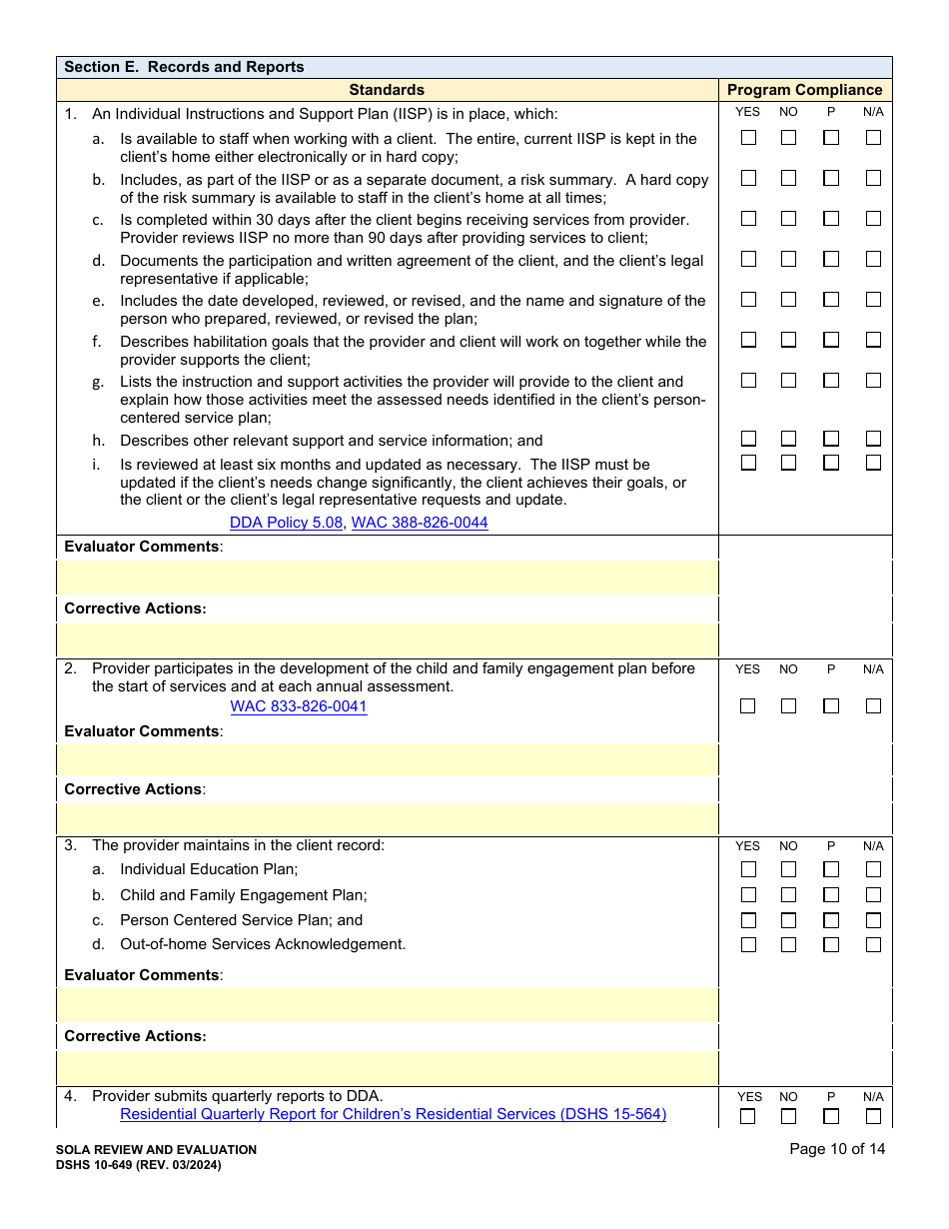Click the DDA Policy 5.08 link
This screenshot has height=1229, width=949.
[286, 523]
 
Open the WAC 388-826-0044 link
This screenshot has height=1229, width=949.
[420, 523]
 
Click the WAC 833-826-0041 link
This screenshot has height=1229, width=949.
[299, 706]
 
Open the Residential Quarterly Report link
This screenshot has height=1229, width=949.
[393, 1114]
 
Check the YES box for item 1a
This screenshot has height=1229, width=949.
[748, 138]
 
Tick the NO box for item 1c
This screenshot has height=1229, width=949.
[788, 219]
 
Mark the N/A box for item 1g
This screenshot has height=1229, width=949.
[873, 381]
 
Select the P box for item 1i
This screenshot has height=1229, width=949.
[831, 463]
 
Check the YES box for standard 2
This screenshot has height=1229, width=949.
[748, 706]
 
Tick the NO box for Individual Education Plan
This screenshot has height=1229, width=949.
[788, 870]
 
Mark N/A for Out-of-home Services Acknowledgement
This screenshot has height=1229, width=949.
[873, 945]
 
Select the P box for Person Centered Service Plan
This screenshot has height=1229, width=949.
[831, 920]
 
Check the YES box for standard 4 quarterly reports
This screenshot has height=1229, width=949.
[748, 1117]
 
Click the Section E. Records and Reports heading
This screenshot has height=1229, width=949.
[184, 67]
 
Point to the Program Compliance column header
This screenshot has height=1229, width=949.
[805, 90]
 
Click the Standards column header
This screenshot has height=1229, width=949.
[387, 90]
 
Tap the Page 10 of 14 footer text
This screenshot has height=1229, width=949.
[837, 1149]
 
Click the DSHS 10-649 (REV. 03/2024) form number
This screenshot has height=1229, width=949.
[139, 1165]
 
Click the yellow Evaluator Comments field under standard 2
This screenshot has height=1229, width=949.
[388, 760]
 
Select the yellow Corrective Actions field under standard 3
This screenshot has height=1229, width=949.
[388, 1068]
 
